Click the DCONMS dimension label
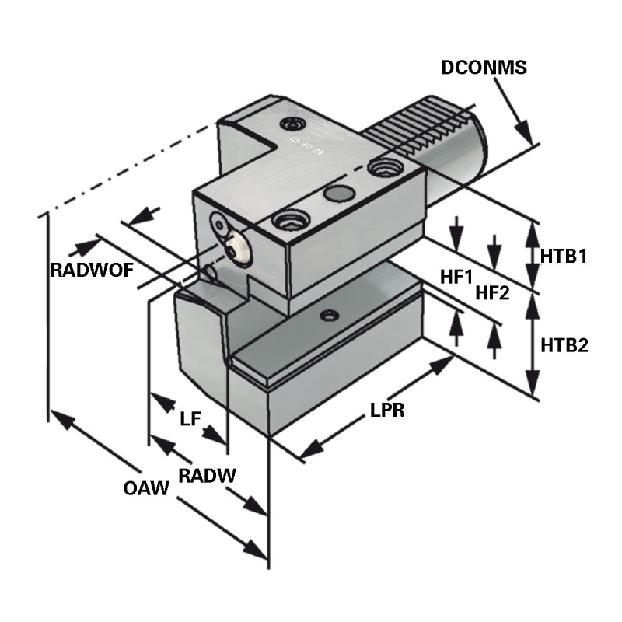[x=484, y=68]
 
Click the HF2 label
[x=492, y=293]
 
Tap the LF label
[x=190, y=420]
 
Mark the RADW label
[x=207, y=475]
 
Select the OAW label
[x=146, y=489]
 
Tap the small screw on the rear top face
[x=294, y=124]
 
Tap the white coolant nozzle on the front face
[x=238, y=249]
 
